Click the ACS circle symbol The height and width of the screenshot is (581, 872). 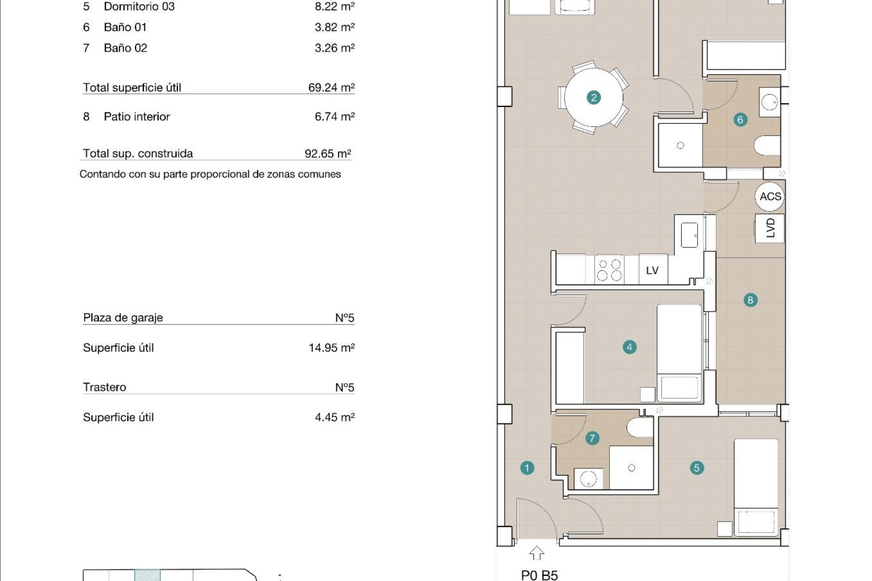770,197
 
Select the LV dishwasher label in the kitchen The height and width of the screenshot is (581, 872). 652,271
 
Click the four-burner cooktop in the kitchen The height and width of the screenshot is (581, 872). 609,270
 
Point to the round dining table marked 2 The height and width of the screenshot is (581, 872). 594,98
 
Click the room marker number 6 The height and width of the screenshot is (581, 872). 740,120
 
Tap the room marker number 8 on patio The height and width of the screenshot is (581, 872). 750,300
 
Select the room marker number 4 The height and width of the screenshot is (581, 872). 629,347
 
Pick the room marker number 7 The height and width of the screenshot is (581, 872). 592,438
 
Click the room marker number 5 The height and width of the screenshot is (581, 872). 697,468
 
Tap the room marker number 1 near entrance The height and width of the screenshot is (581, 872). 527,468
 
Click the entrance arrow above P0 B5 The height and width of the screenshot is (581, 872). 537,553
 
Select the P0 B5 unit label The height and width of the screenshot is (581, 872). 539,575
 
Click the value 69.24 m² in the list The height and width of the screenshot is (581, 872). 331,88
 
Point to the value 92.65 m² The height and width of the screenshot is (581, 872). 327,153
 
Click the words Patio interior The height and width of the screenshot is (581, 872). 137,117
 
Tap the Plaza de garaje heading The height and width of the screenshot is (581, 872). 123,318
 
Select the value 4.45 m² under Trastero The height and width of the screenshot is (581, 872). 334,417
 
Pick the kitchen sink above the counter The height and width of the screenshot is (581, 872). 689,235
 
